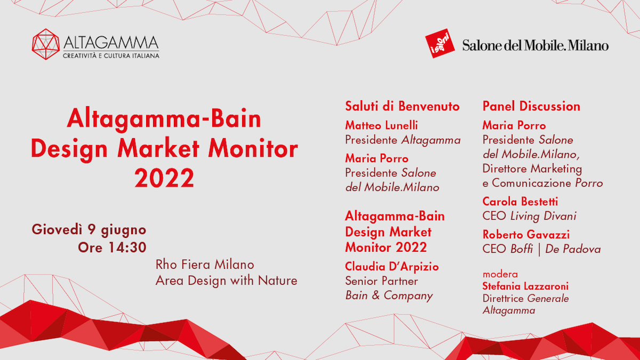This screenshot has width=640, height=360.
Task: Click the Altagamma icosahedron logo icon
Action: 46,44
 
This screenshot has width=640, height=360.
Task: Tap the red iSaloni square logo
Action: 440,43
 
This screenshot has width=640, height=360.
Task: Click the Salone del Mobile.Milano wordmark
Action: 535,45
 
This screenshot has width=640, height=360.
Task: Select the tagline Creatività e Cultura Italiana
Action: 111,55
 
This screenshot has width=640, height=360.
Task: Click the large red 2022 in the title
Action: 164,178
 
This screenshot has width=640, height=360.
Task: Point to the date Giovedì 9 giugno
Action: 89,230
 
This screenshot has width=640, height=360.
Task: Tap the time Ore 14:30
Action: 113,247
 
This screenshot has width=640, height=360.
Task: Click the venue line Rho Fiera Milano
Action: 205,265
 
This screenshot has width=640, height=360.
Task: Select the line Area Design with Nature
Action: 227,281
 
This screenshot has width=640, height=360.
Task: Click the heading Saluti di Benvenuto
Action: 402,106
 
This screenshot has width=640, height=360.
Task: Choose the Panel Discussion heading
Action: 531,106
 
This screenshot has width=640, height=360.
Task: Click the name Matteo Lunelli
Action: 381,125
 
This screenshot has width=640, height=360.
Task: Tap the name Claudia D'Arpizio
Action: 392,267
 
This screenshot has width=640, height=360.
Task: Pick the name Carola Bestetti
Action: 521,202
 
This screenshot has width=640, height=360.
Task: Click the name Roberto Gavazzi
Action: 526,235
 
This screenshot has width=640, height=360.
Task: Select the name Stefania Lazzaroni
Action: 525,286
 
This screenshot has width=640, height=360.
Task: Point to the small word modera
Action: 500,274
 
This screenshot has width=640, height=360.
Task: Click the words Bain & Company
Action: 389,295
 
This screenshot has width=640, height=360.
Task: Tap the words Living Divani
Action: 543,216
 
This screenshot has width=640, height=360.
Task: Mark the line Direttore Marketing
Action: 532,169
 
